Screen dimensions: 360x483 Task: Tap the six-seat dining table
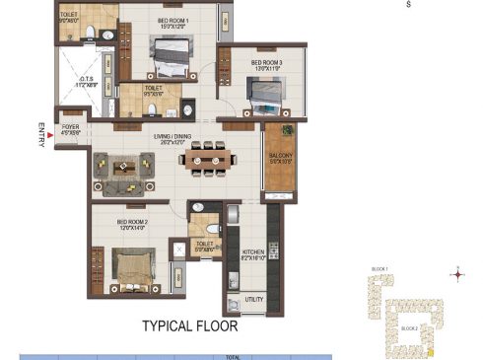point(207,157)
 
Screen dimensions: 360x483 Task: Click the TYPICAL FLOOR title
point(189,324)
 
